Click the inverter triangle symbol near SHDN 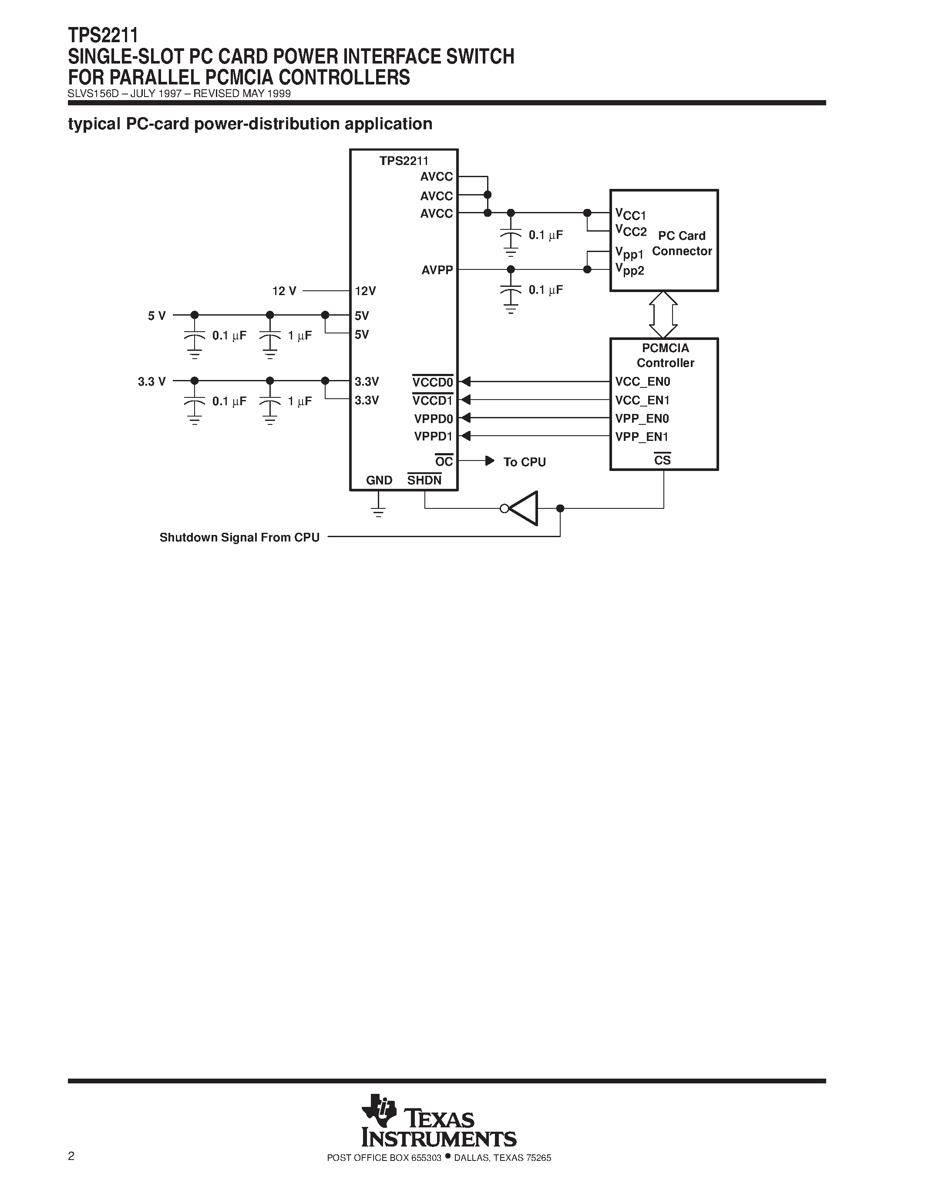click(x=524, y=508)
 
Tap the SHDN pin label click(x=424, y=480)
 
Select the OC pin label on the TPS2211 click(x=444, y=461)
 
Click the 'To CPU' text click(x=525, y=462)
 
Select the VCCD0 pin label click(x=432, y=381)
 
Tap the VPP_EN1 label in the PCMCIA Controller click(x=642, y=437)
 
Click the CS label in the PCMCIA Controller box click(x=662, y=461)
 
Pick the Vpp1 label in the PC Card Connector click(x=629, y=252)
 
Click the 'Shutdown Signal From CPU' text click(x=239, y=537)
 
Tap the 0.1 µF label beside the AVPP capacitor click(x=545, y=290)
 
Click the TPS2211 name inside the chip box click(x=404, y=161)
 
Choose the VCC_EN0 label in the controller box click(x=642, y=381)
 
